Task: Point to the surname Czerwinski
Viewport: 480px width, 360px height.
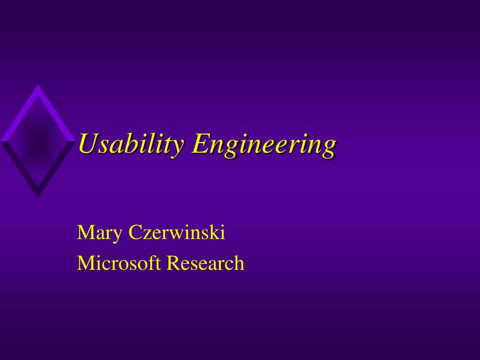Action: click(x=177, y=232)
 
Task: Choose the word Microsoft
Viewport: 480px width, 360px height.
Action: click(x=120, y=263)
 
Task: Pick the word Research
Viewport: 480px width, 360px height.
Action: click(x=206, y=263)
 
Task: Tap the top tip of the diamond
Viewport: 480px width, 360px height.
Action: click(x=37, y=85)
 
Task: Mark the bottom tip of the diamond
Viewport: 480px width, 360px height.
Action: click(x=37, y=197)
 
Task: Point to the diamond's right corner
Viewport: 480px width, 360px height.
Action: click(x=75, y=140)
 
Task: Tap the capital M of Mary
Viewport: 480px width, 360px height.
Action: click(x=85, y=232)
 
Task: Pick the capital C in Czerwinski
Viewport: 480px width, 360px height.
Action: click(x=135, y=232)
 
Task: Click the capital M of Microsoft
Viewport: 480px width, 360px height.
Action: click(x=85, y=263)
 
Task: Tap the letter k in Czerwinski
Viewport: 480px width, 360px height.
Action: click(x=216, y=232)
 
